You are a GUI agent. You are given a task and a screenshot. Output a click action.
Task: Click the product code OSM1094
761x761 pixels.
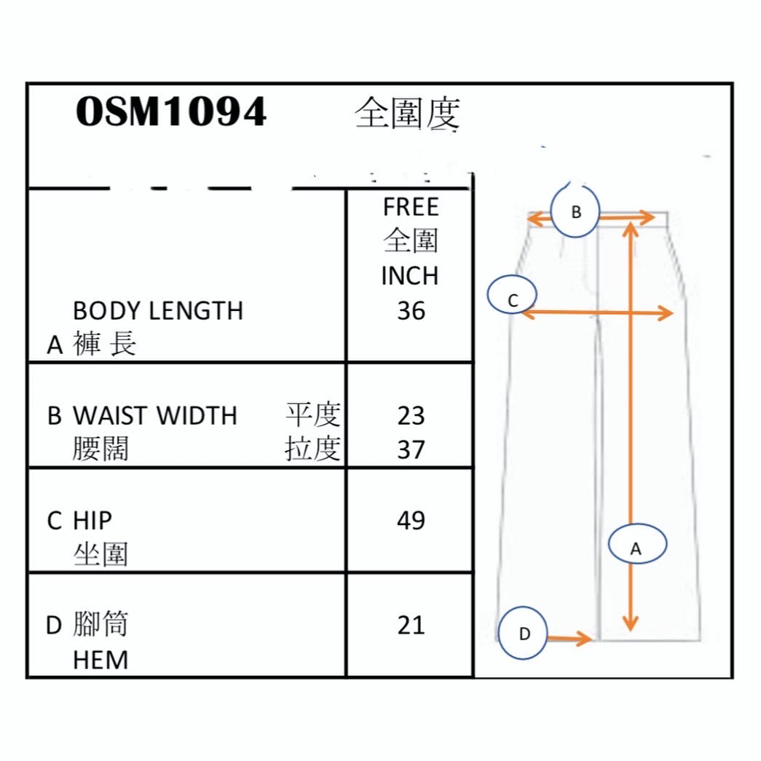(x=171, y=113)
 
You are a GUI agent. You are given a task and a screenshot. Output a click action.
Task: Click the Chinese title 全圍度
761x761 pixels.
(x=408, y=114)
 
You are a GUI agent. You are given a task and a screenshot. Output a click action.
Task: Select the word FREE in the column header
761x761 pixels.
(x=411, y=208)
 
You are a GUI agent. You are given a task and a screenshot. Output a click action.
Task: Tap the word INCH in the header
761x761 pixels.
(x=410, y=276)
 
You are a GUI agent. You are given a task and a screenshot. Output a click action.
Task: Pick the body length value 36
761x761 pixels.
(x=411, y=311)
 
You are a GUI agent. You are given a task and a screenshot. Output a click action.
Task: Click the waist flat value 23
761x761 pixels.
(x=411, y=416)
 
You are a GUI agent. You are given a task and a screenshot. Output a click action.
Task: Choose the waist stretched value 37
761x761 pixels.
(x=411, y=450)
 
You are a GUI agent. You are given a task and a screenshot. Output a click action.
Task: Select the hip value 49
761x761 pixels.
(x=411, y=521)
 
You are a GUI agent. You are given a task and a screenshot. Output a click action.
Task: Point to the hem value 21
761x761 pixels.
(x=411, y=626)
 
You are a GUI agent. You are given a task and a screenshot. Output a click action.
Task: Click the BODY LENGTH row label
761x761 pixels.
(x=158, y=311)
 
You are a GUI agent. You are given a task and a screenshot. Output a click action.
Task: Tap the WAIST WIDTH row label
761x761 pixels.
(x=154, y=416)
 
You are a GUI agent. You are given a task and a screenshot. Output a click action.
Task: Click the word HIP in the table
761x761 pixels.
(x=92, y=521)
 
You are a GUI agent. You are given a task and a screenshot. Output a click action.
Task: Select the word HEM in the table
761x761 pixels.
(x=100, y=661)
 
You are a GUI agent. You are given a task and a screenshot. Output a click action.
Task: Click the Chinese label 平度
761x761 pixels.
(x=313, y=415)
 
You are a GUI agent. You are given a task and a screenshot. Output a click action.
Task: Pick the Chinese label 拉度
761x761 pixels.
(x=313, y=450)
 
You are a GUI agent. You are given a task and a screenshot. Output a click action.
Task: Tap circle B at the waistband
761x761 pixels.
(x=575, y=212)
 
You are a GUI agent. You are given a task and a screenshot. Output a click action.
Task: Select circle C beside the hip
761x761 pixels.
(x=513, y=298)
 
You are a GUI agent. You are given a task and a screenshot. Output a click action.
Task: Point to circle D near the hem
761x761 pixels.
(x=524, y=634)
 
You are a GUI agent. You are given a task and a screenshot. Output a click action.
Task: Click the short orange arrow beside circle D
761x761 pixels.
(x=569, y=639)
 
